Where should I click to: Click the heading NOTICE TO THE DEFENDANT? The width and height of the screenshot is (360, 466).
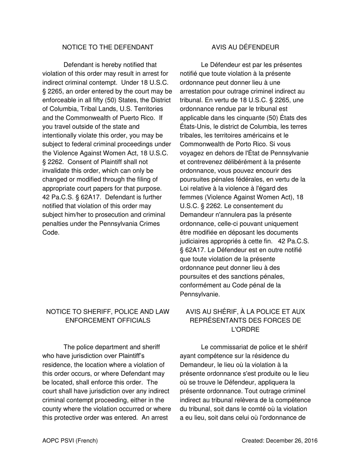click(x=108, y=47)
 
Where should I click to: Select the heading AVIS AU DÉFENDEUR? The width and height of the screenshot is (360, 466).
click(x=245, y=47)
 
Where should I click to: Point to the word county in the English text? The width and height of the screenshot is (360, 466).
click(x=52, y=409)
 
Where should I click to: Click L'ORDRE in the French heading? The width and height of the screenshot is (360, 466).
click(x=245, y=330)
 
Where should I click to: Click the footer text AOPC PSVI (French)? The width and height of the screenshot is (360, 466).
click(x=70, y=441)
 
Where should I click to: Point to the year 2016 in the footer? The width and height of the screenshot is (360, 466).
click(x=311, y=441)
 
